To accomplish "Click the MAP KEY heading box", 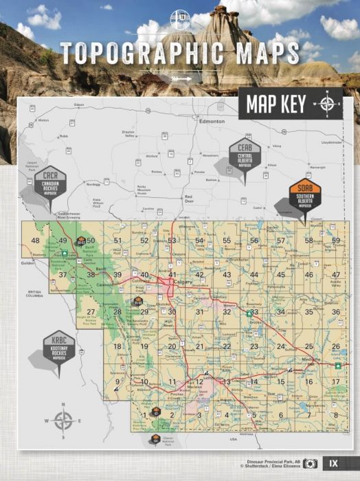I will [x=272, y=104].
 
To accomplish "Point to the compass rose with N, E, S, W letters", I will [x=63, y=421].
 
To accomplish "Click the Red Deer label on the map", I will [x=187, y=197].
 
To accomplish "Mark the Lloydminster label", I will [x=331, y=142].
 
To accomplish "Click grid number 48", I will [x=36, y=240].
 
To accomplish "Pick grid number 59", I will [x=336, y=240].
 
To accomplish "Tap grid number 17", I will [x=336, y=381].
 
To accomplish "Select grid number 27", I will [x=91, y=311].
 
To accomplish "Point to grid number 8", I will [x=336, y=414].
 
